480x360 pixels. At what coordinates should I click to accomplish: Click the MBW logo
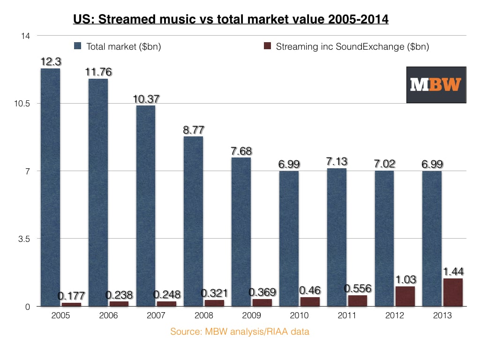coord(436,84)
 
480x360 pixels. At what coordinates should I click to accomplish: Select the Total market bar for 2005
coord(50,187)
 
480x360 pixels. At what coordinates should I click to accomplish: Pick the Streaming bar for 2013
coord(453,292)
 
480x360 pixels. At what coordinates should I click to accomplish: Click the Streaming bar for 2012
coord(405,296)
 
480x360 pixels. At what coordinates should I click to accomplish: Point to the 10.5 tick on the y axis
coord(23,104)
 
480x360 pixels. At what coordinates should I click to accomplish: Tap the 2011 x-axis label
coord(347,315)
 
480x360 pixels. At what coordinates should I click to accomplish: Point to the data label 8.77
coord(194,130)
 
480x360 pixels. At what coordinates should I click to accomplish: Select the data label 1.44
coord(452,272)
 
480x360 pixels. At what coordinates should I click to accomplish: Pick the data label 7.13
coord(337,161)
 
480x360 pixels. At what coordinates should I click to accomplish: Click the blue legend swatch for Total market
coord(78,46)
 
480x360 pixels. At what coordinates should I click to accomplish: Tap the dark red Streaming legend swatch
coord(268,46)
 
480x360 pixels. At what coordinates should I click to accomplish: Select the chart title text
coord(231,20)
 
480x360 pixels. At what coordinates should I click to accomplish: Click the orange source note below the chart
coord(240,332)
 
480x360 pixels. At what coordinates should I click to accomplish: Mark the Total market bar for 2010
coord(289,239)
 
